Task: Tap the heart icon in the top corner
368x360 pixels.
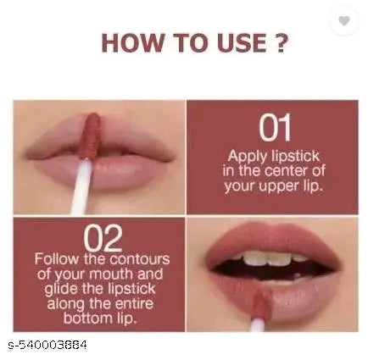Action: [x=344, y=20]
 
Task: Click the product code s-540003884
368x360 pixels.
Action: [x=47, y=344]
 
